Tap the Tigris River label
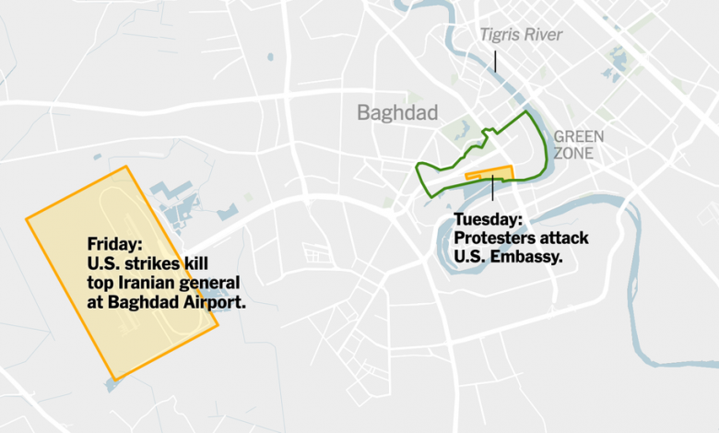[520, 35]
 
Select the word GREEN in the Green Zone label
[579, 136]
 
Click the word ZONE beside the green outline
[573, 153]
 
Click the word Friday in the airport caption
[115, 244]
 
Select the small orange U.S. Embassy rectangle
[489, 172]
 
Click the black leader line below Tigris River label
[495, 61]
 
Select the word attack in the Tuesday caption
[568, 239]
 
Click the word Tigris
[499, 35]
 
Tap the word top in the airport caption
[101, 281]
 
